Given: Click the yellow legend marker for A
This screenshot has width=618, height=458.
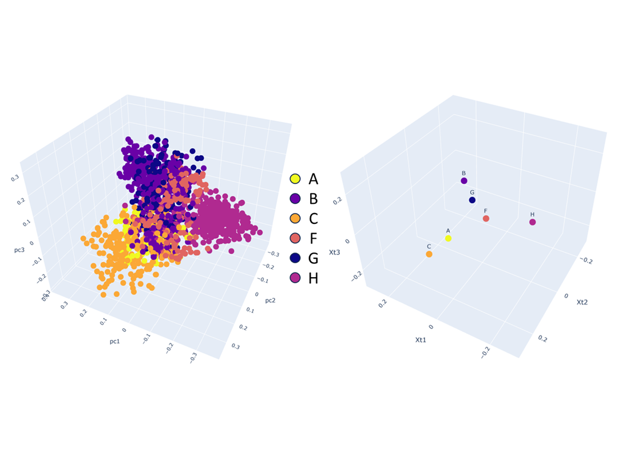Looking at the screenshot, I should coord(296,179).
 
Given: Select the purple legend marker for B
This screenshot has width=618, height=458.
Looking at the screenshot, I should coord(296,199).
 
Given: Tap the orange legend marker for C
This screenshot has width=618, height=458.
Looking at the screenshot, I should coord(296,219).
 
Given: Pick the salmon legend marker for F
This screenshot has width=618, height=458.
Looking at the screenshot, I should coord(296,239).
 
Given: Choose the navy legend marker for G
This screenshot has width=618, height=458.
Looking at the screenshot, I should coord(296,258).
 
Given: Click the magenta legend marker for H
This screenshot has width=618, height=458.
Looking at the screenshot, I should coord(296,278).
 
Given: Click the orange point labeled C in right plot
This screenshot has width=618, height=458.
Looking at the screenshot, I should coord(429,254).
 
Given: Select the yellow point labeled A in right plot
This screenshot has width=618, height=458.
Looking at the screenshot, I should coord(449,238).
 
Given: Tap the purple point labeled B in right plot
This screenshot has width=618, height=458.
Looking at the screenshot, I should coord(464,181).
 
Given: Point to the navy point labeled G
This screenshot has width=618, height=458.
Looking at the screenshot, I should coord(472,200).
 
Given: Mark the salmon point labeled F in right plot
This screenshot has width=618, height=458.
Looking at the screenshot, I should coord(486,219).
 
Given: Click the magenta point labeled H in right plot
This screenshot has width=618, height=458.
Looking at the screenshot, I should coord(533,222).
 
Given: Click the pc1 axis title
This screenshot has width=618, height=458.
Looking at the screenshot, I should coord(114,341).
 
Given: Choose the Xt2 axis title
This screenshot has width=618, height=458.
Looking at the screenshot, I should coord(583,302).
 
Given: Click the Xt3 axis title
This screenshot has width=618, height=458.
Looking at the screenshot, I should coord(335,252).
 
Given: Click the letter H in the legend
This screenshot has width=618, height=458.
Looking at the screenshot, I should coord(314,278).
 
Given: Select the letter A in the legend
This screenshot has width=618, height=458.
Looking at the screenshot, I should coord(314,179).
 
